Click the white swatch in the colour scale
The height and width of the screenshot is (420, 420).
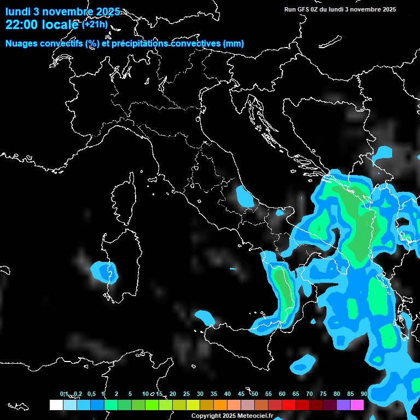56,405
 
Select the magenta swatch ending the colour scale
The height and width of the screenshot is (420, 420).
357,405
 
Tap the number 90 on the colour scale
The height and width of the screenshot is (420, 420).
364,394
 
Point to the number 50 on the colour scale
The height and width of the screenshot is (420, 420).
255,394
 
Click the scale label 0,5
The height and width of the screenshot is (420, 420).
91,394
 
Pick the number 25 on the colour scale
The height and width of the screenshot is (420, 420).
186,394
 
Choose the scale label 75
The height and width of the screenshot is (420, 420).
323,394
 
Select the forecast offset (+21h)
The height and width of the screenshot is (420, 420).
94,25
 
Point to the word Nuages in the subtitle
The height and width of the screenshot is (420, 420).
22,44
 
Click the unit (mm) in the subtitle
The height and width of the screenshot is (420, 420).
234,44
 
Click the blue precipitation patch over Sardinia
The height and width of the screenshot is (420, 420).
104,271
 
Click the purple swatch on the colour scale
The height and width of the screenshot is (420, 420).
343,405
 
